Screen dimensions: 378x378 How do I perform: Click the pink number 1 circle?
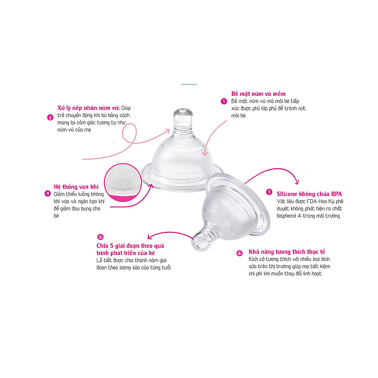click(x=224, y=101)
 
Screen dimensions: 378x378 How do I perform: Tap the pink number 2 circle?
click(x=50, y=117)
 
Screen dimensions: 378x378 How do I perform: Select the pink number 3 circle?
click(x=269, y=192)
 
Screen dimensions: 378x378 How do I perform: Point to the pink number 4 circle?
click(x=48, y=194)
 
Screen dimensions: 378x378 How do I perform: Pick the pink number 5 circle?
click(x=100, y=237)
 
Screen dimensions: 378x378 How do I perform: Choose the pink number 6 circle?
click(x=239, y=253)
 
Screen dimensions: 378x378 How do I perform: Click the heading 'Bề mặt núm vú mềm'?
click(x=258, y=94)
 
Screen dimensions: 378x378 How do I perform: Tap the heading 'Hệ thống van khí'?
click(x=76, y=186)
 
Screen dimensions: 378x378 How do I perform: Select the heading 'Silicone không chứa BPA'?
click(x=309, y=194)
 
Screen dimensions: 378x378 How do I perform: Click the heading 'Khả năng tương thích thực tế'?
click(x=287, y=252)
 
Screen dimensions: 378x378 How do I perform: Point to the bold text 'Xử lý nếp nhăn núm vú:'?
click(x=89, y=108)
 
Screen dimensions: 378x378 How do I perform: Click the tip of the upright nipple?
click(x=183, y=109)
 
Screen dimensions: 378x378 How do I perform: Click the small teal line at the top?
click(x=189, y=84)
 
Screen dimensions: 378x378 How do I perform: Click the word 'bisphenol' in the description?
click(x=287, y=216)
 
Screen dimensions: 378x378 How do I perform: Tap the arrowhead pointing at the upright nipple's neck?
click(x=167, y=130)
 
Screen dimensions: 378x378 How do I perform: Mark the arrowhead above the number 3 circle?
click(x=298, y=182)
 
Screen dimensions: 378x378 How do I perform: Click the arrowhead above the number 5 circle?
click(x=150, y=237)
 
